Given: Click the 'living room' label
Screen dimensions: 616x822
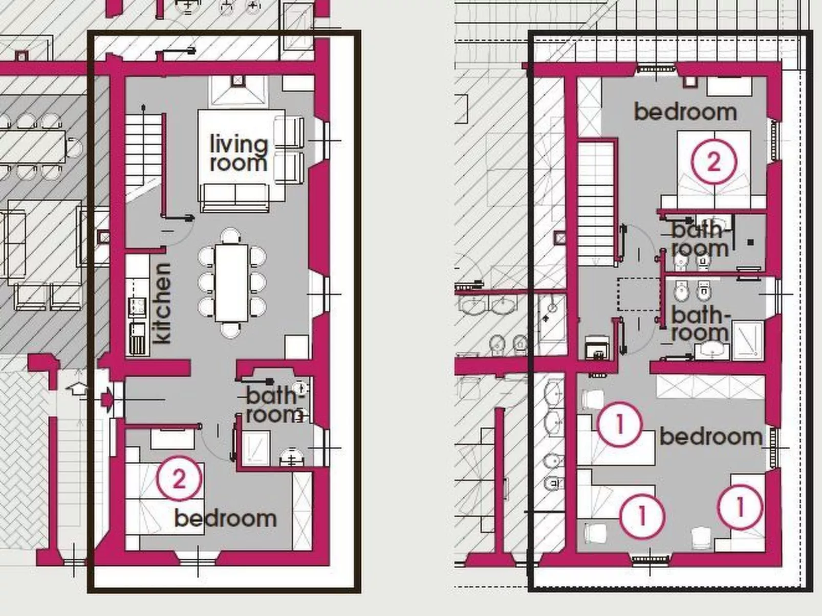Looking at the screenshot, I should (239, 154).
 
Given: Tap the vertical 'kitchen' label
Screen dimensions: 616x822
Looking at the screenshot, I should (162, 303).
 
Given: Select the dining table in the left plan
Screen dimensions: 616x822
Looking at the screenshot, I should (231, 282).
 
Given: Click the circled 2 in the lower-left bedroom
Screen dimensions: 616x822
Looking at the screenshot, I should (179, 479).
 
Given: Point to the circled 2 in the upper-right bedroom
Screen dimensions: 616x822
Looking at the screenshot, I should (713, 162).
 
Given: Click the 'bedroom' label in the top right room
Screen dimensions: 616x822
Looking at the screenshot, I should (685, 112).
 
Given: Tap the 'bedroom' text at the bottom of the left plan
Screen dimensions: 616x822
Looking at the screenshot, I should (225, 518).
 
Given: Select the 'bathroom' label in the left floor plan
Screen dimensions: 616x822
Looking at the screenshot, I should (274, 405).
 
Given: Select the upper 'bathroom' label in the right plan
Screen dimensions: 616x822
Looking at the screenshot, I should (700, 239).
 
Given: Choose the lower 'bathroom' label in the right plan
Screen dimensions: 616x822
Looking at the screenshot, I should (700, 324).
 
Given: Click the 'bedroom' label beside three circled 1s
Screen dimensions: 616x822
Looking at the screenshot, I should (710, 437).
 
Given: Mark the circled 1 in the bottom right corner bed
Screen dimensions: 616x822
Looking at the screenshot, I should (740, 507).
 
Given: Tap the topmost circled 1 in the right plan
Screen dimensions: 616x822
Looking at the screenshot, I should (619, 423).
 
